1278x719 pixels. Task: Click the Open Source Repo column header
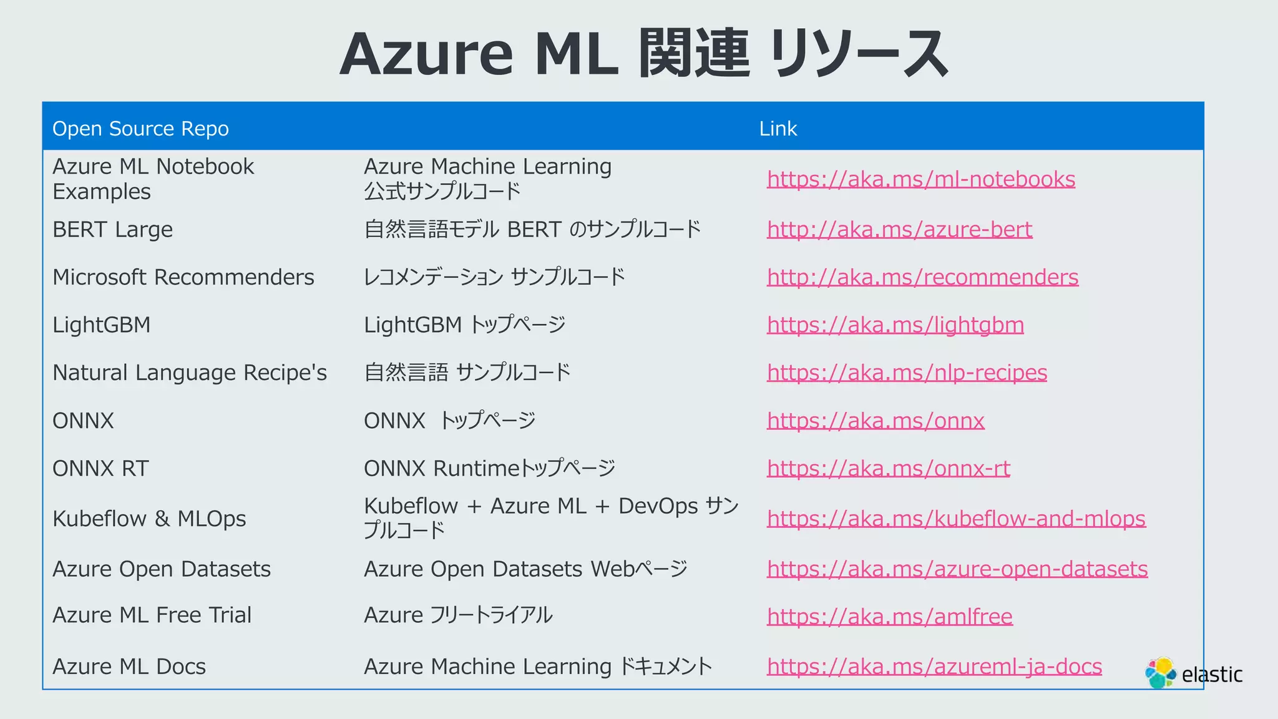coord(140,129)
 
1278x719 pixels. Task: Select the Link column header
coord(778,129)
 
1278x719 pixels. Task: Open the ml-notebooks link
coord(920,180)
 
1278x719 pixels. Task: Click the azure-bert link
coord(899,230)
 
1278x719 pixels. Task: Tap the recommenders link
coord(922,277)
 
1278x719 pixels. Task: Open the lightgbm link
coord(895,325)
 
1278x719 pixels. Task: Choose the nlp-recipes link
coord(907,373)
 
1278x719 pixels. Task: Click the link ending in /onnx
coord(876,421)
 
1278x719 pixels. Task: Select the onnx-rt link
coord(888,469)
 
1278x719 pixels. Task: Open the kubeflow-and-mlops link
coord(956,519)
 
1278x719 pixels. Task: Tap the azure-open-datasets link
coord(957,569)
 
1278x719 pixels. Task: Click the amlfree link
coord(889,617)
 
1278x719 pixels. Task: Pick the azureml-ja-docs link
coord(934,667)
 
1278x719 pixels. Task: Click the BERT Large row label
coord(112,230)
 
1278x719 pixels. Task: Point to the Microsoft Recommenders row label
coord(183,277)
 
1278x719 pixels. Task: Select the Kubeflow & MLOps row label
coord(149,519)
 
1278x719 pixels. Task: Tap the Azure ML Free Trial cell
coord(152,615)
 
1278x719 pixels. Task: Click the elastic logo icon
coord(1160,673)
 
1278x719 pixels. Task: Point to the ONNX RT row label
coord(100,469)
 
